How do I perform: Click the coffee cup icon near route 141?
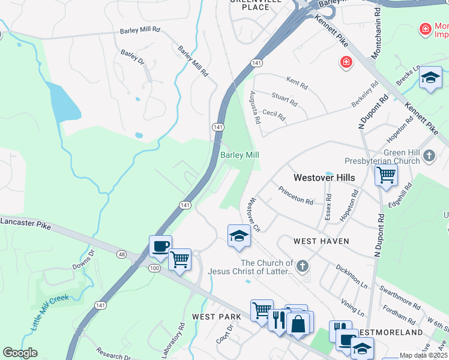[x=160, y=247]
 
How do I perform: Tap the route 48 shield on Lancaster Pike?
[x=122, y=254]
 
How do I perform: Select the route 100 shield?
[x=155, y=267]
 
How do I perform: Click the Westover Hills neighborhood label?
[x=324, y=178]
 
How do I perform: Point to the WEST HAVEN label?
[x=321, y=241]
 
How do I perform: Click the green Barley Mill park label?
[x=240, y=155]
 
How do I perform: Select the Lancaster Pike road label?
[x=25, y=223]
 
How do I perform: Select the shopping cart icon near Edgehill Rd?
[x=386, y=175]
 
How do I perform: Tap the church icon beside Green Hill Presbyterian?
[x=429, y=156]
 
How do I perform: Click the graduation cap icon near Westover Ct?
[x=239, y=235]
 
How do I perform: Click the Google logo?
[x=20, y=353]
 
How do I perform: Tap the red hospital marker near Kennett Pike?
[x=346, y=61]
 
